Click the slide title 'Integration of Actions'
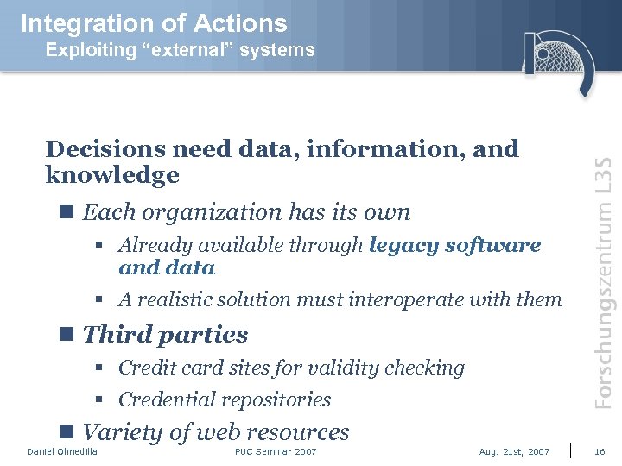[154, 22]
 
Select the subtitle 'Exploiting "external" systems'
[180, 50]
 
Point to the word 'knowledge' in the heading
[112, 176]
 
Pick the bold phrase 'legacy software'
[454, 245]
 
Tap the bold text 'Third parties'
[165, 334]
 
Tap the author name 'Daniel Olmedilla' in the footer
[62, 452]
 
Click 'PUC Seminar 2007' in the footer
[276, 452]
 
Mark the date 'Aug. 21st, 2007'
[514, 452]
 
